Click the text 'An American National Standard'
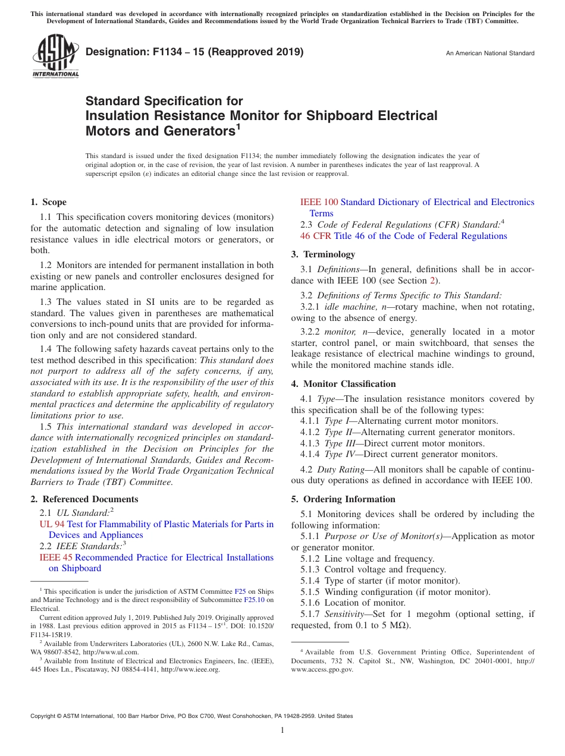click(490, 53)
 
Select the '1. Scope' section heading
click(48, 202)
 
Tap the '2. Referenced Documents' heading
click(84, 499)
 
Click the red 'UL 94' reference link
click(52, 524)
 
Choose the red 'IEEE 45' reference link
click(56, 557)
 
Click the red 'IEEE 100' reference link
click(319, 202)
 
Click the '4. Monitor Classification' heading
click(343, 384)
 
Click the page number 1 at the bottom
click(282, 730)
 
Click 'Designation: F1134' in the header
click(139, 52)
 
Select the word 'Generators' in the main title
click(190, 130)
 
